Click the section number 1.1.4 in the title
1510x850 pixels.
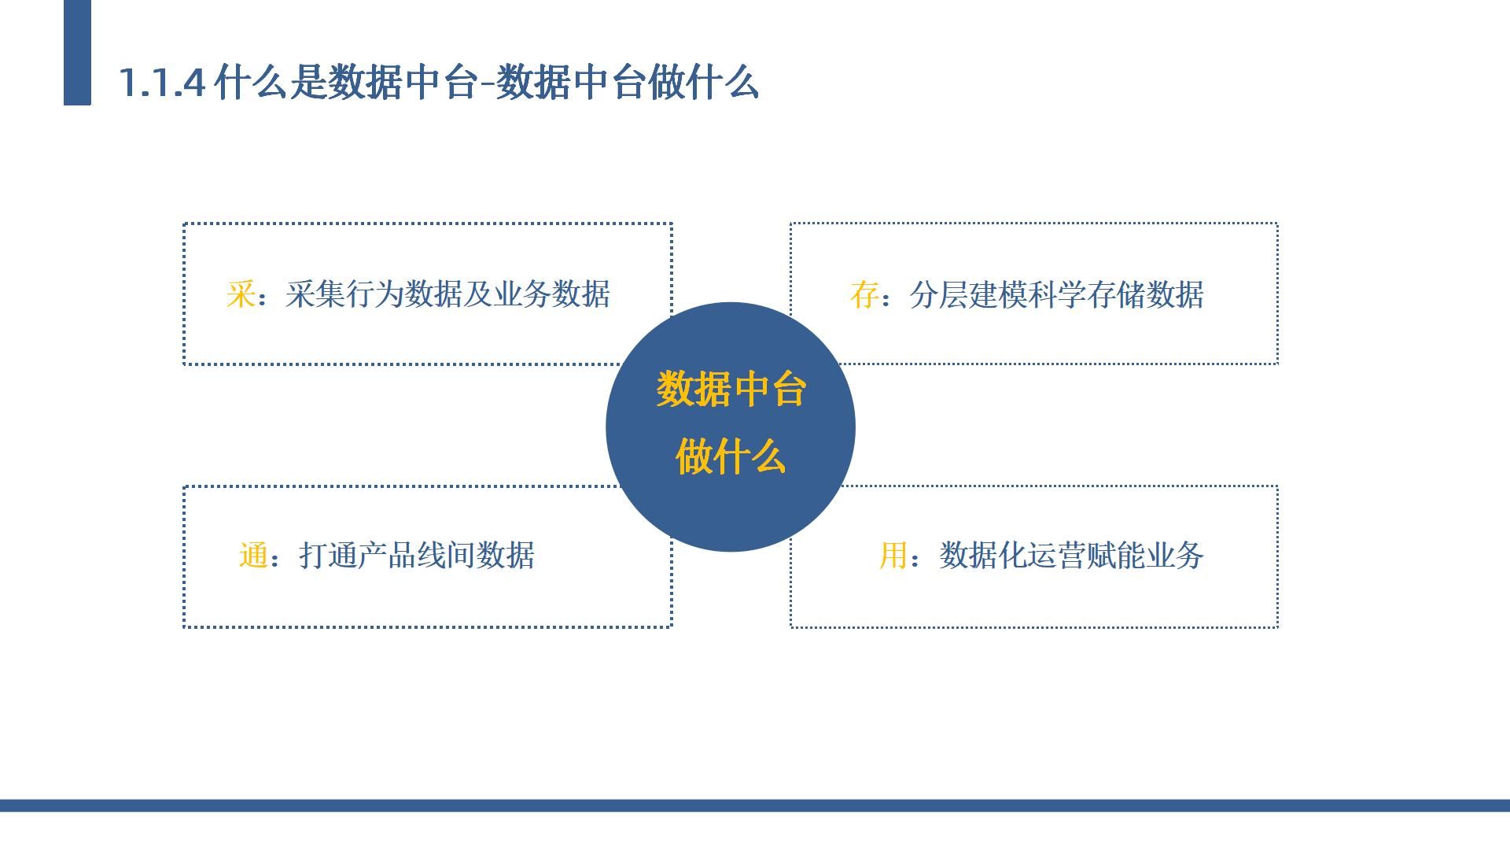coord(162,83)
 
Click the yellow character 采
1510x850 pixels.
coord(241,294)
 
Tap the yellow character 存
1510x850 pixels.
coord(864,295)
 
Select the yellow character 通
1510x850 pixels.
coord(253,556)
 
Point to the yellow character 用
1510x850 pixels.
coord(893,556)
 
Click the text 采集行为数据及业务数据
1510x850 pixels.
coord(447,294)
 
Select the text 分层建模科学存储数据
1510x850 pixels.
coord(1056,295)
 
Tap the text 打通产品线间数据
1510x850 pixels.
coord(417,556)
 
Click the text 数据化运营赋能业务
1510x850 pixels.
coord(1071,556)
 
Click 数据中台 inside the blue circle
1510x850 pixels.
coord(731,390)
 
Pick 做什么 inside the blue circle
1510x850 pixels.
coord(731,456)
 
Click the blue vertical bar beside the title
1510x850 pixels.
coord(77,52)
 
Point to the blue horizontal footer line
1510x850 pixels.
coord(755,805)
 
